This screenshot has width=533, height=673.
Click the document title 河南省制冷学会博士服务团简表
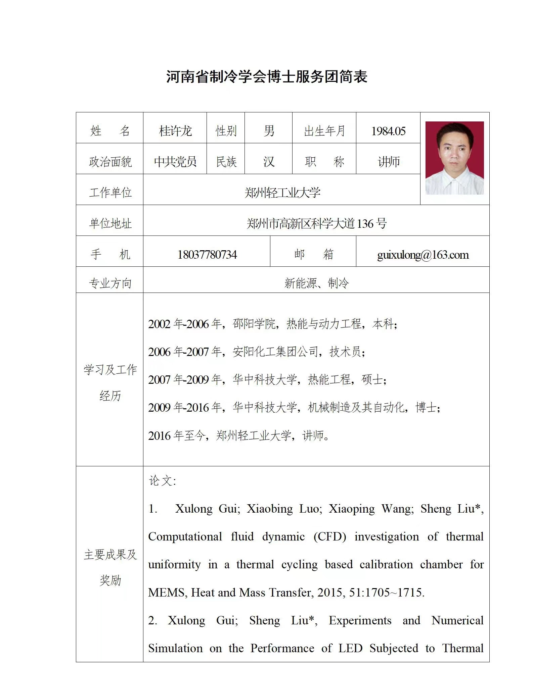click(x=267, y=77)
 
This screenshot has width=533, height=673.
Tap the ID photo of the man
click(x=454, y=158)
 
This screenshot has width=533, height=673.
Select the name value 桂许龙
click(x=175, y=131)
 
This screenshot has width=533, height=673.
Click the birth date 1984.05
click(x=388, y=131)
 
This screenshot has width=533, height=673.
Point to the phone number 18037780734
click(x=207, y=255)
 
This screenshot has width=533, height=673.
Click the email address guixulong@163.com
click(x=423, y=255)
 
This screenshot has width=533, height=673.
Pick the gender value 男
click(x=269, y=131)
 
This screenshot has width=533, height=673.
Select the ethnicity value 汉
click(x=269, y=162)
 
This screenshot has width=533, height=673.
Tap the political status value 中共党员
click(x=175, y=162)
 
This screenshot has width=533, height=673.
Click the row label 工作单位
click(x=110, y=193)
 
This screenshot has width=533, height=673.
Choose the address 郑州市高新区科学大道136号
click(x=316, y=223)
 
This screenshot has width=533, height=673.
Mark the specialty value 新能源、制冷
click(x=316, y=283)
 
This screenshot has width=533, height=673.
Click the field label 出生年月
click(x=324, y=131)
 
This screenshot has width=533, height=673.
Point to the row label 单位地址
click(x=110, y=223)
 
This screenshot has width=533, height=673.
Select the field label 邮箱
click(x=313, y=254)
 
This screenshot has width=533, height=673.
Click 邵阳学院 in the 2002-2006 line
click(x=254, y=324)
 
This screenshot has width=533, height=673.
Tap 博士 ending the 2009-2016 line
click(x=426, y=407)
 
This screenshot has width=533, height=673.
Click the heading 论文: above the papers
click(x=163, y=481)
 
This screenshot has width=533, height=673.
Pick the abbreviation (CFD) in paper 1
click(x=330, y=536)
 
